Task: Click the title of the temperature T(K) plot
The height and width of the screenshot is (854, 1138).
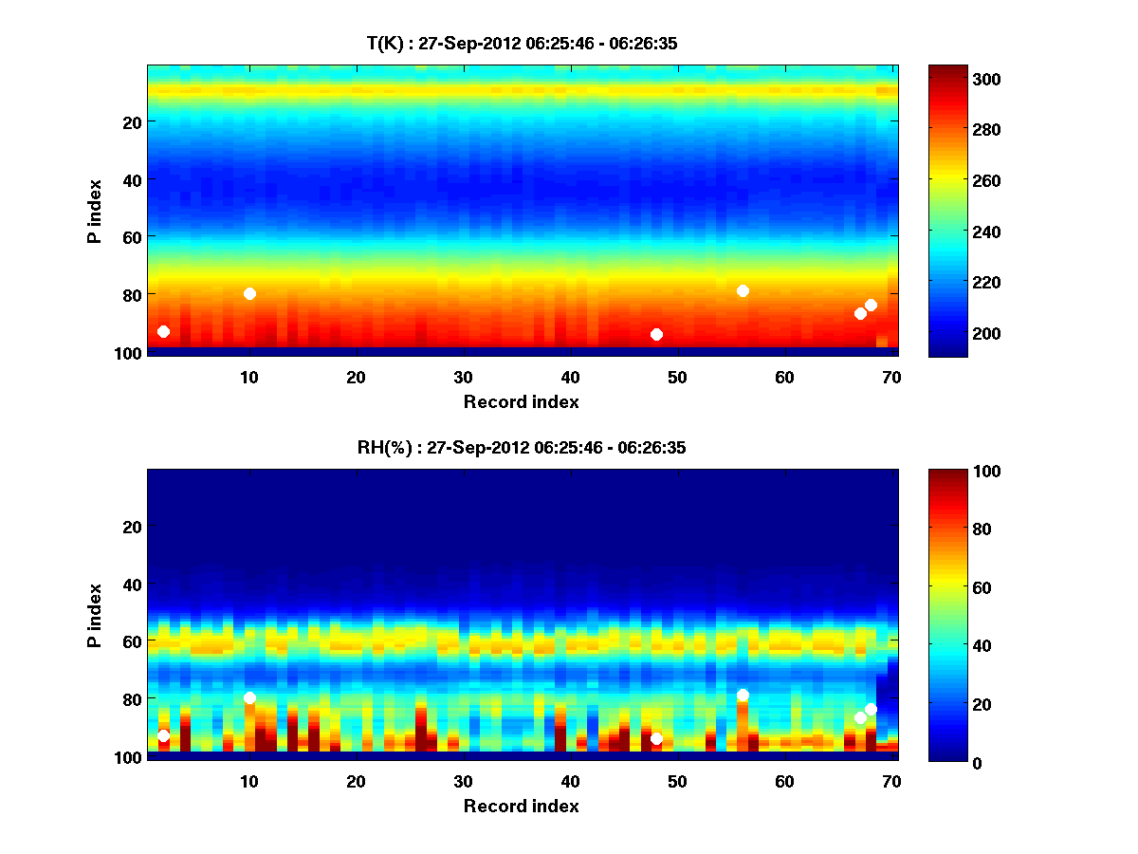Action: pyautogui.click(x=522, y=43)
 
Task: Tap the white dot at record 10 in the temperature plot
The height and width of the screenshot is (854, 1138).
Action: pyautogui.click(x=249, y=293)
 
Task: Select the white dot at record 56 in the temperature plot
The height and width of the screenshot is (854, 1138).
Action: pyautogui.click(x=743, y=290)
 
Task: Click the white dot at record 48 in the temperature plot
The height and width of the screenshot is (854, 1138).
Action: pyautogui.click(x=656, y=334)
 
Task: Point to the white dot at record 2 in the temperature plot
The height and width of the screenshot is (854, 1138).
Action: pyautogui.click(x=163, y=331)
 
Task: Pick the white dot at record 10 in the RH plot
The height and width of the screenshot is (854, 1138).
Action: pyautogui.click(x=249, y=697)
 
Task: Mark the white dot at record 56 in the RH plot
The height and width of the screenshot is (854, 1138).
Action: pyautogui.click(x=743, y=695)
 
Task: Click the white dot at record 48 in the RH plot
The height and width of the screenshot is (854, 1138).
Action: pyautogui.click(x=656, y=738)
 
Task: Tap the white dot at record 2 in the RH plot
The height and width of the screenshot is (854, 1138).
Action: pyautogui.click(x=163, y=735)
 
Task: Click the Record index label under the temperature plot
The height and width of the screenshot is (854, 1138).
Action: pyautogui.click(x=522, y=401)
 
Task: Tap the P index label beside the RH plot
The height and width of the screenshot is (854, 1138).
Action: pyautogui.click(x=94, y=615)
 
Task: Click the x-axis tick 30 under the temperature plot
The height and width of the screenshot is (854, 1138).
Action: pyautogui.click(x=463, y=376)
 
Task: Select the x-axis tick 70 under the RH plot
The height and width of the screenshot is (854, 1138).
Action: pyautogui.click(x=891, y=781)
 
